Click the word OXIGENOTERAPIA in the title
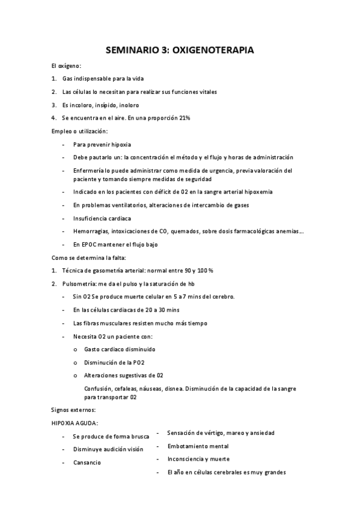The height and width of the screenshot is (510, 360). (213, 51)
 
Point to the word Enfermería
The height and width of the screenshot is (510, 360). (88, 170)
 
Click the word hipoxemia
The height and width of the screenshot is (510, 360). (257, 192)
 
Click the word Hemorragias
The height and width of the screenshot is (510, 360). (91, 232)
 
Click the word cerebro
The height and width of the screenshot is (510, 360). (221, 296)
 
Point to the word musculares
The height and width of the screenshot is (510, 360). (112, 323)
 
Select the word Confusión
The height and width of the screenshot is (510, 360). (99, 389)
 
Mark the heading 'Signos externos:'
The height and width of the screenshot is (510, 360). (70, 410)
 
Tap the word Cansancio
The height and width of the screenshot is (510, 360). (87, 462)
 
